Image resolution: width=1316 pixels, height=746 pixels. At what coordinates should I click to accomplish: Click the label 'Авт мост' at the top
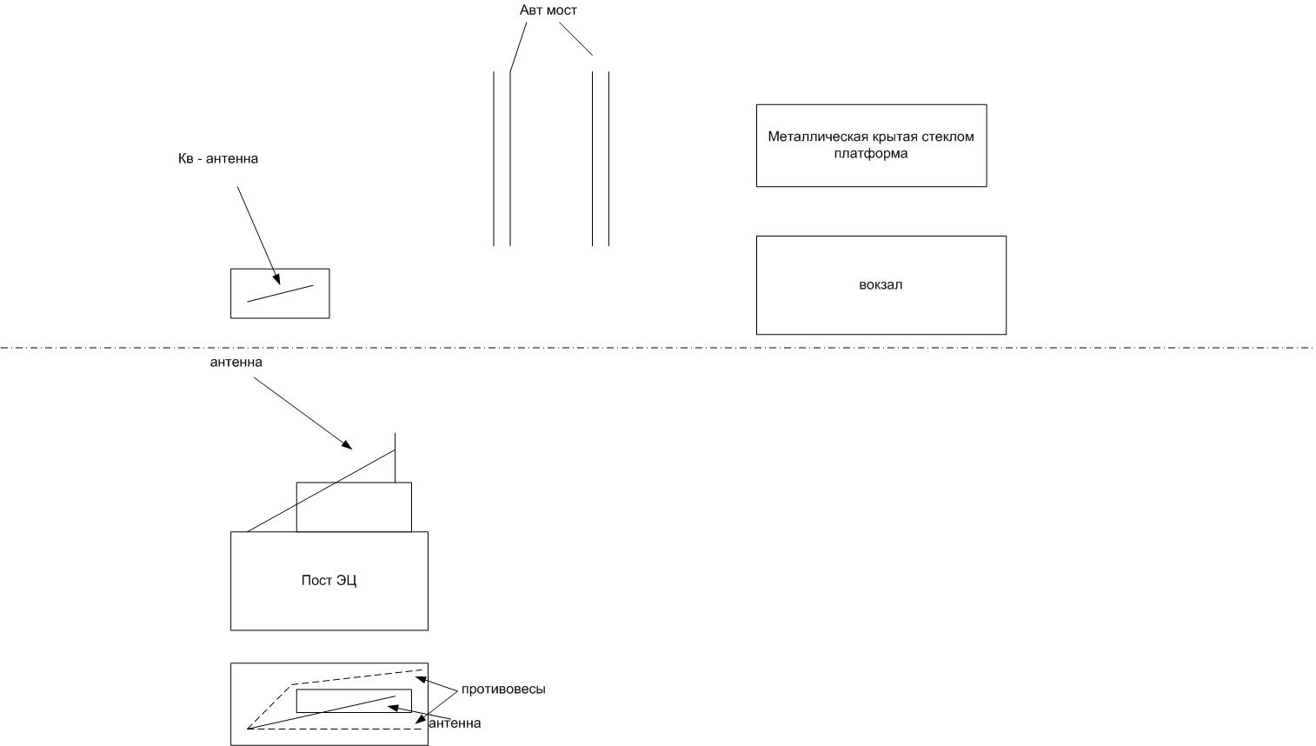(548, 10)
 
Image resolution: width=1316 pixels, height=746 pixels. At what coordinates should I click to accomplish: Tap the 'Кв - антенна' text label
(218, 159)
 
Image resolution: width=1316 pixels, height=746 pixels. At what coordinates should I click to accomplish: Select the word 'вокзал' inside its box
(881, 285)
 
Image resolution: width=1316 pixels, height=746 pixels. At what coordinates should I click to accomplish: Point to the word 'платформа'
(870, 154)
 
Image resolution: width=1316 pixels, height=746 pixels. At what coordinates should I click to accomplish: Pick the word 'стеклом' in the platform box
(950, 137)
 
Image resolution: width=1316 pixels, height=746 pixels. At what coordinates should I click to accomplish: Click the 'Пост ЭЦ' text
(329, 581)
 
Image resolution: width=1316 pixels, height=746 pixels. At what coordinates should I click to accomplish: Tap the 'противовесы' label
(503, 689)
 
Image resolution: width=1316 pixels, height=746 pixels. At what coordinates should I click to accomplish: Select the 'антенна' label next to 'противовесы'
(455, 723)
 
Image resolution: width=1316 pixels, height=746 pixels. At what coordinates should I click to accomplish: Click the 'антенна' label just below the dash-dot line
(236, 362)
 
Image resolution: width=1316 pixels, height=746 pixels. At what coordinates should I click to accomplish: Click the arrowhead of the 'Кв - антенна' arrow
(277, 280)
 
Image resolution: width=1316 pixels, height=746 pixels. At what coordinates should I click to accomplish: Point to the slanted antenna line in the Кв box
(280, 294)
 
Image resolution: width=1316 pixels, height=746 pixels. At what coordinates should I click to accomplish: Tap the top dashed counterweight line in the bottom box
(356, 677)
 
